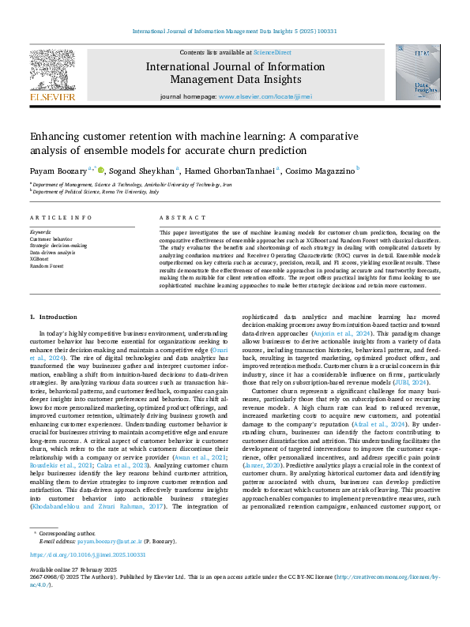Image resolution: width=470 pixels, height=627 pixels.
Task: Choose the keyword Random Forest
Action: pyautogui.click(x=46, y=265)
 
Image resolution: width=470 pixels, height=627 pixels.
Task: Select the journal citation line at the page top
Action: pyautogui.click(x=235, y=33)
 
